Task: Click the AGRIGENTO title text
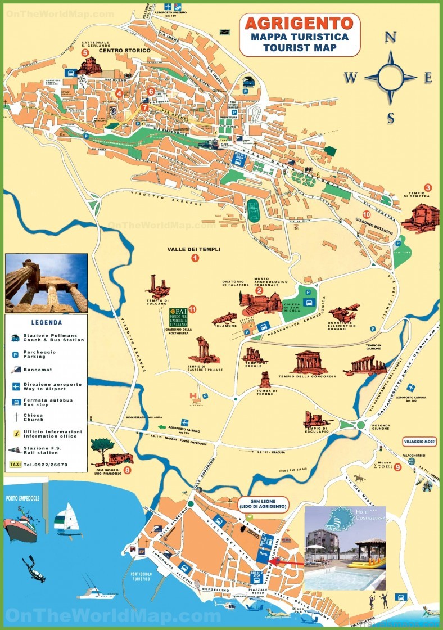299,23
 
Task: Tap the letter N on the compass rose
391,38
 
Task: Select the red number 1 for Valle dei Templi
196,258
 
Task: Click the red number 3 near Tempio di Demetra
428,188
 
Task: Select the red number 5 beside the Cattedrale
85,52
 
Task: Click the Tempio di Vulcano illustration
157,287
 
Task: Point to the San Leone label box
263,504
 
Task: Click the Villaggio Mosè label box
419,441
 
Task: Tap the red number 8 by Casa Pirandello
128,470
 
